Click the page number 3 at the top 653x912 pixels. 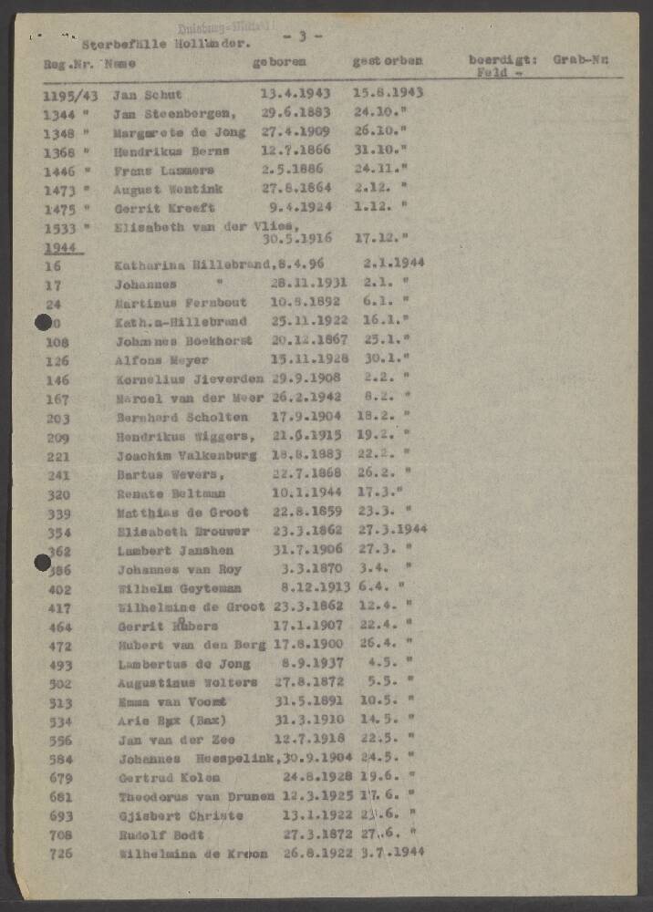303,36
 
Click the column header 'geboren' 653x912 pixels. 279,62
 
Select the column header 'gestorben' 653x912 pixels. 388,62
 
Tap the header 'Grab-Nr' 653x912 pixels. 586,60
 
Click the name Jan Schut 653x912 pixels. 148,94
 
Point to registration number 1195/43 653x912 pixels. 69,95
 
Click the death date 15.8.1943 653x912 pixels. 388,93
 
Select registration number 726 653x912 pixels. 58,854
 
